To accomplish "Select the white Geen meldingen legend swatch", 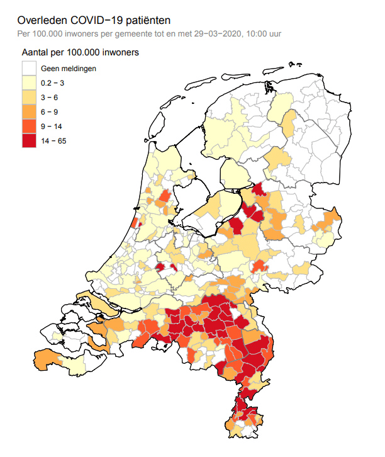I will pyautogui.click(x=29, y=68).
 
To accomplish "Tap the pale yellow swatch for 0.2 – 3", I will pyautogui.click(x=29, y=82).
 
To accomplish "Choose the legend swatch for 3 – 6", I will pyautogui.click(x=29, y=97).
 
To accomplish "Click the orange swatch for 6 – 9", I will pyautogui.click(x=29, y=111).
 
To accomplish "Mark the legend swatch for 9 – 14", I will pyautogui.click(x=29, y=126).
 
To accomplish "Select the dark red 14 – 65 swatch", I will pyautogui.click(x=29, y=140).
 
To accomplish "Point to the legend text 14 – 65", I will pyautogui.click(x=53, y=140).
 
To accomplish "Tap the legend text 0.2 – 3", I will pyautogui.click(x=53, y=82).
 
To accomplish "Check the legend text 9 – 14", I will pyautogui.click(x=52, y=126).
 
